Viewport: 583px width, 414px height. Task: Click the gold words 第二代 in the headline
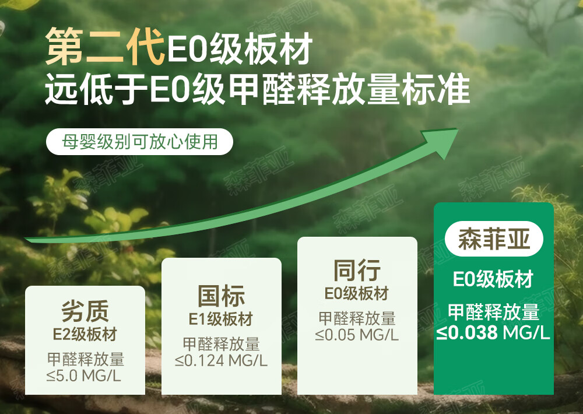coord(105,47)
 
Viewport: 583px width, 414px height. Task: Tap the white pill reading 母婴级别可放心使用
coord(139,142)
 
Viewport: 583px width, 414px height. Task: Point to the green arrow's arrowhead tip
coord(458,130)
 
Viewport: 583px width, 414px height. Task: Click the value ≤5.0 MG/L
coord(84,376)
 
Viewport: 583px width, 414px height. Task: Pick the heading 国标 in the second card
coord(221,296)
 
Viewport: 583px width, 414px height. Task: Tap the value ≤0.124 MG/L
coord(221,360)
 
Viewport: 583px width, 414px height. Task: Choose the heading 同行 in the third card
coord(357,271)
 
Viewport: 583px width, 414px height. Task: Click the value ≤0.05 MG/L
coord(357,335)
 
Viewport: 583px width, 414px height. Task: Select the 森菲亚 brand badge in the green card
coord(494,239)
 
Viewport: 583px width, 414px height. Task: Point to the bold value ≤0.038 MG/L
coord(493,332)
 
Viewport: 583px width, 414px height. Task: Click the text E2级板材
coord(85,334)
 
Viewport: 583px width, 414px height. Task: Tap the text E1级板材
coord(221,319)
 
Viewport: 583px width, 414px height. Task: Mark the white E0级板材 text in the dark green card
coord(493,279)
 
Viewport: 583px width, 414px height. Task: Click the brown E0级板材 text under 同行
coord(357,293)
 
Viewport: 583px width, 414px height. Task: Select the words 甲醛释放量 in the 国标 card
coord(221,344)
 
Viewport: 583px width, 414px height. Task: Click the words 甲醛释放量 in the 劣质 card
coord(86,359)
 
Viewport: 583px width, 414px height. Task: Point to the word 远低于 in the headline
coord(96,90)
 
